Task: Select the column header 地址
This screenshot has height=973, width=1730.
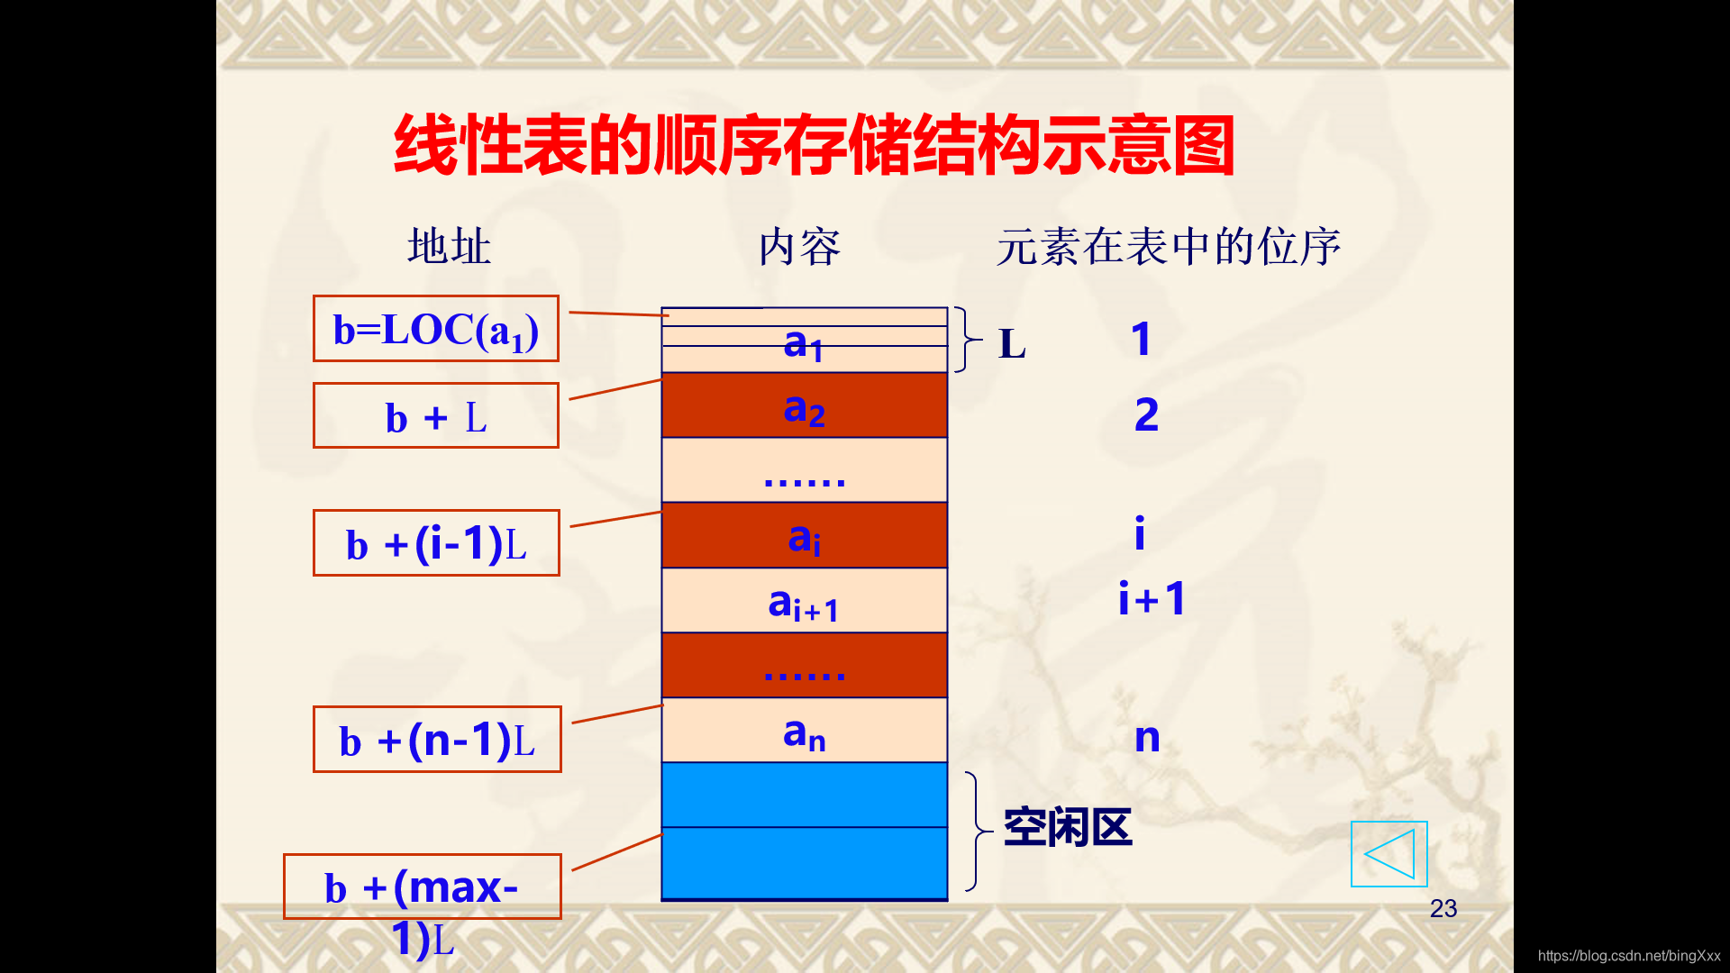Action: tap(449, 247)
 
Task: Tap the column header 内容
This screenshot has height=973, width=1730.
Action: tap(799, 247)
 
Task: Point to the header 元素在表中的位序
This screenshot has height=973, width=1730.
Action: tap(1168, 247)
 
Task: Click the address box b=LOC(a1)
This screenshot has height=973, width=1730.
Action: tap(436, 329)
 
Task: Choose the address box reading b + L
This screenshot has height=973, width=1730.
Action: tap(436, 416)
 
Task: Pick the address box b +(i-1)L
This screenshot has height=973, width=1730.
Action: tap(436, 543)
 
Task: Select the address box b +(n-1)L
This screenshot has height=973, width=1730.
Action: tap(437, 740)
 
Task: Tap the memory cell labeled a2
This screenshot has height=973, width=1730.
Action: tap(804, 406)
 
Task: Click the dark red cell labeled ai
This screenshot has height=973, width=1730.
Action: tap(804, 536)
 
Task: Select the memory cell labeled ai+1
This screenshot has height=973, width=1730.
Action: tap(804, 601)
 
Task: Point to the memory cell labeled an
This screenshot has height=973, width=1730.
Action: tap(804, 731)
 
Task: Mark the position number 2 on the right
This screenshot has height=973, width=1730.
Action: tap(1146, 414)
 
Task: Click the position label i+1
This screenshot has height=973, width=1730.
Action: tap(1152, 599)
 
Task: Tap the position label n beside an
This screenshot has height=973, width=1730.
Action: tap(1147, 738)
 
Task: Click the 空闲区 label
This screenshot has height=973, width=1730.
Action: tap(1067, 827)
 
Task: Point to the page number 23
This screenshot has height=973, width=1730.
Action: tap(1443, 908)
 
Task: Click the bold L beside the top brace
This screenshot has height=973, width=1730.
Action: tap(1012, 344)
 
